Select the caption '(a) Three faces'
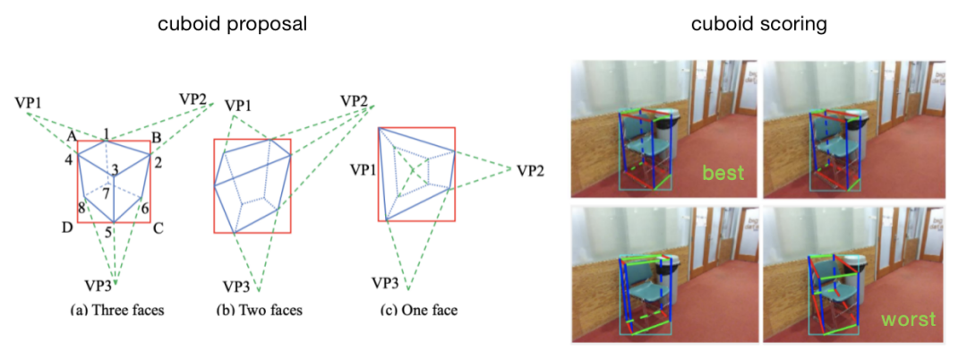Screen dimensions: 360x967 [x=116, y=310]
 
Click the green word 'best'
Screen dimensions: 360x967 [x=723, y=172]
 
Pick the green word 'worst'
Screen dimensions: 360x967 [x=910, y=319]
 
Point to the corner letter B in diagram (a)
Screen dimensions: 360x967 [x=157, y=136]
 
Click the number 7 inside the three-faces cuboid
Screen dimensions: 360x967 [x=107, y=194]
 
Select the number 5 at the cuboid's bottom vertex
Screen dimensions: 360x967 [x=107, y=232]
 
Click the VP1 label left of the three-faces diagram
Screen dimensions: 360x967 [x=28, y=102]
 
